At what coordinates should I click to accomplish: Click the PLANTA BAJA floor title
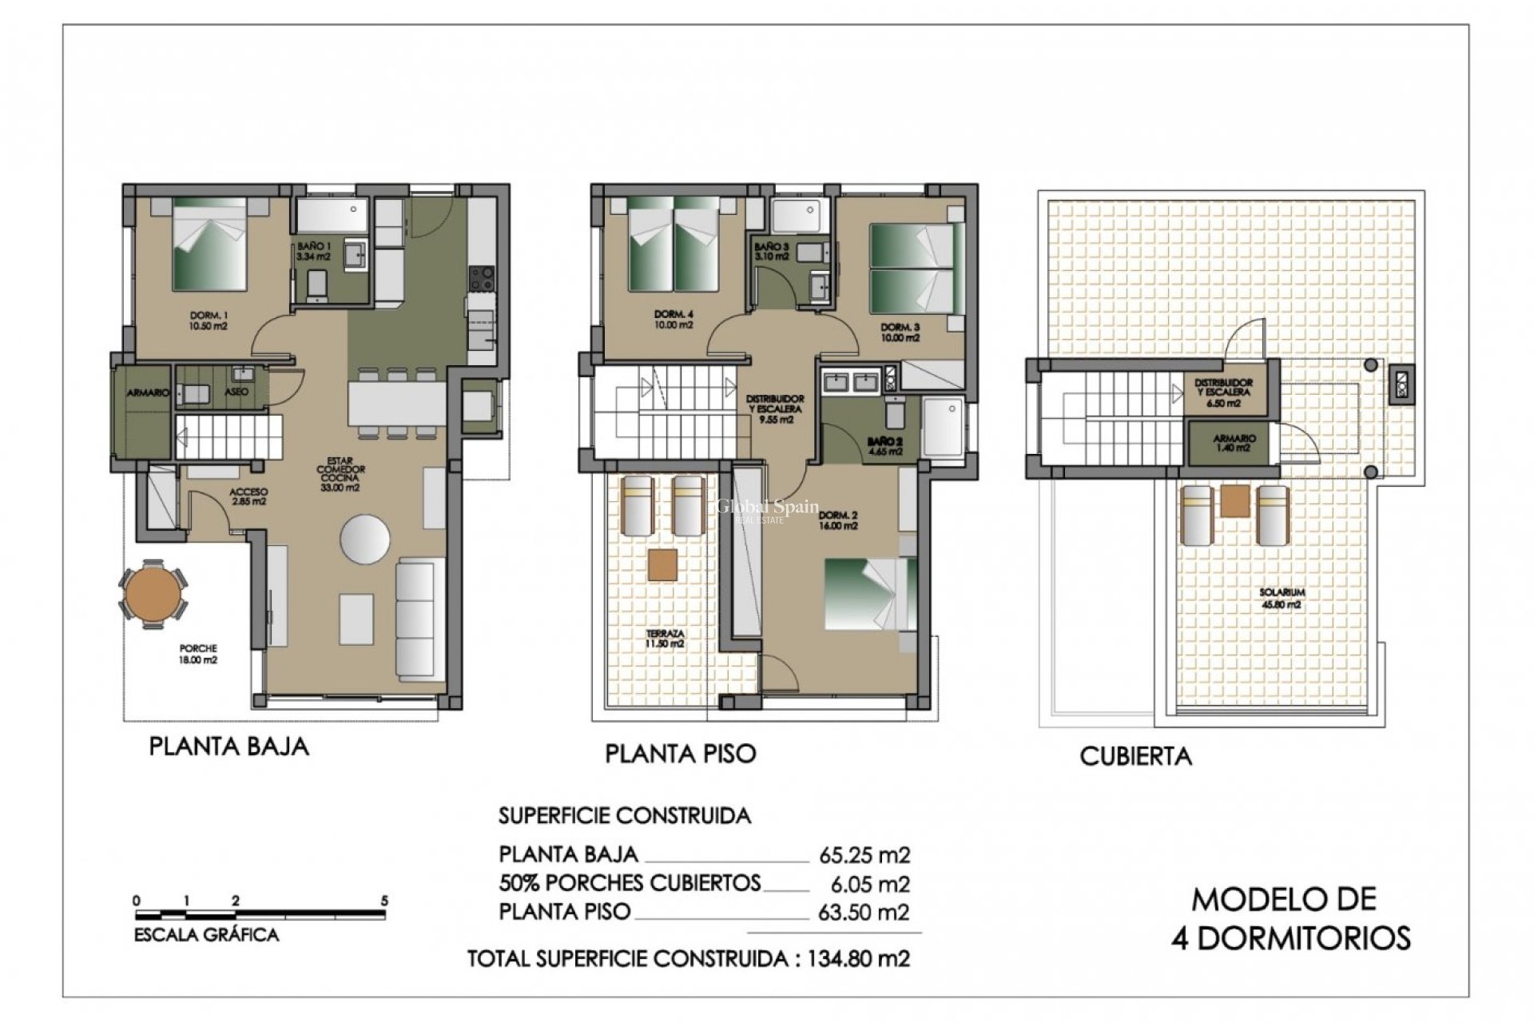[x=229, y=746]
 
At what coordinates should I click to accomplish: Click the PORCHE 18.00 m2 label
[x=197, y=655]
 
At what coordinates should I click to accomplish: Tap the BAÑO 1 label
[x=312, y=251]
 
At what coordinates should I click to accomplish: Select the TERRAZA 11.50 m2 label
[x=665, y=638]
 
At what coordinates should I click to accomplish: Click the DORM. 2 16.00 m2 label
[x=837, y=521]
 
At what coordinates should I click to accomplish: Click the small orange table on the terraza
[x=662, y=564]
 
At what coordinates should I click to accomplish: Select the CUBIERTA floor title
[x=1135, y=756]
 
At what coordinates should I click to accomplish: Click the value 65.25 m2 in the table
[x=864, y=855]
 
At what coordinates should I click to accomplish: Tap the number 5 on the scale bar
[x=384, y=901]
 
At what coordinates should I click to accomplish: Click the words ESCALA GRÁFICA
[x=206, y=934]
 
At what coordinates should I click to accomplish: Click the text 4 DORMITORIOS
[x=1290, y=937]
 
